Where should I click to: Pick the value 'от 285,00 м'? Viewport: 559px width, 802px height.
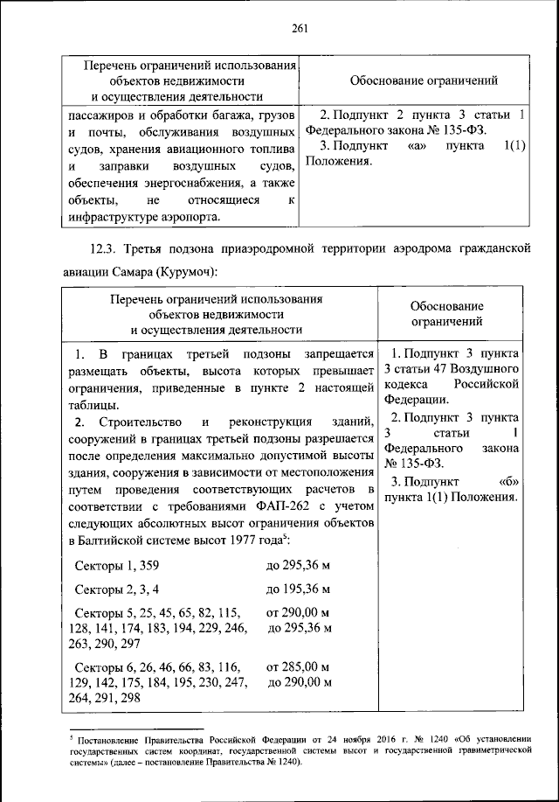tap(298, 668)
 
